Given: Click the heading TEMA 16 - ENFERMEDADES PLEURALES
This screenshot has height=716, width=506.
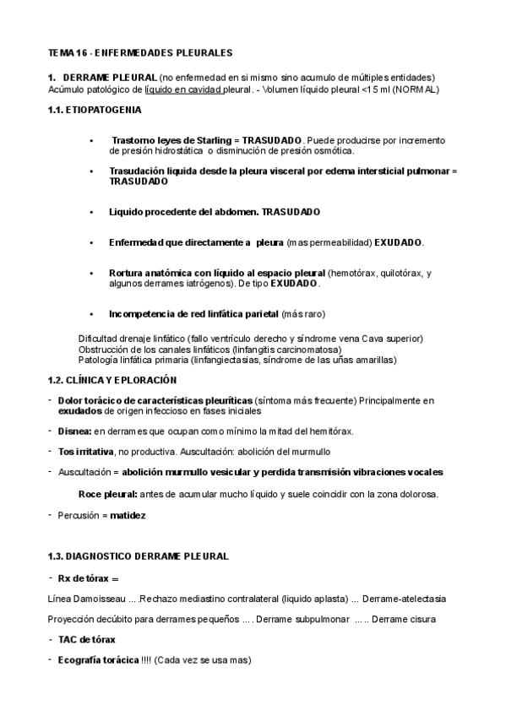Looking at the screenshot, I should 140,53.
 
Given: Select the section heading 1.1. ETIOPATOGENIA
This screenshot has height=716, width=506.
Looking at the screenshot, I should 95,110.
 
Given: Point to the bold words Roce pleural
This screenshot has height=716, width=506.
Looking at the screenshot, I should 107,494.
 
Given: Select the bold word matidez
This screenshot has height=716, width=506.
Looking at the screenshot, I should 128,514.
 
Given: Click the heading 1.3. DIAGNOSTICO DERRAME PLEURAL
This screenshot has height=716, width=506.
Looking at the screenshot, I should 139,556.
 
